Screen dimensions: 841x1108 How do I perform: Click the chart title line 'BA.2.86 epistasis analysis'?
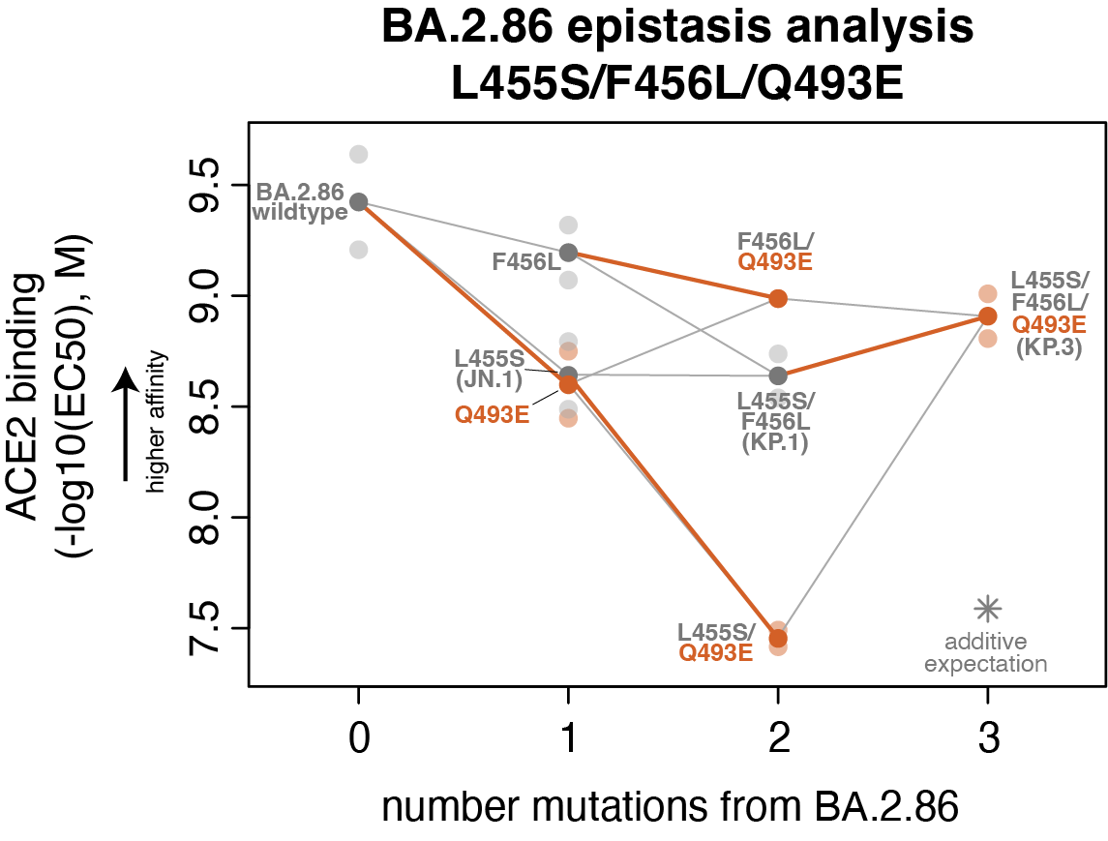tap(676, 27)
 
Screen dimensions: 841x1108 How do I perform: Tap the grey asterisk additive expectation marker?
tap(987, 608)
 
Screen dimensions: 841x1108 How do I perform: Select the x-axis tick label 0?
tap(359, 743)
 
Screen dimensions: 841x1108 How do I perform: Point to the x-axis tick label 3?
tap(987, 743)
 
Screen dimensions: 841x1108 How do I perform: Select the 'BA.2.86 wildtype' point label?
tap(300, 201)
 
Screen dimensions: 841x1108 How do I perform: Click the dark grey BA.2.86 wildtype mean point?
tap(359, 201)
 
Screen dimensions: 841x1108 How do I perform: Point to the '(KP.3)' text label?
tap(1049, 347)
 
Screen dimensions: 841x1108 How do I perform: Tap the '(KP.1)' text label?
tap(775, 442)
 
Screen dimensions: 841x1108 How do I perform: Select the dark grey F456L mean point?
tap(569, 253)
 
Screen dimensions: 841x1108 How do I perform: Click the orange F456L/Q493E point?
tap(778, 298)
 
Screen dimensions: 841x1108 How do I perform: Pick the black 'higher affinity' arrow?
tap(126, 426)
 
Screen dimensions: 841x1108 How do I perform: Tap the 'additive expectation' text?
tap(985, 653)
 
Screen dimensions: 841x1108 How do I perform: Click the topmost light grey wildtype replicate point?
tap(359, 154)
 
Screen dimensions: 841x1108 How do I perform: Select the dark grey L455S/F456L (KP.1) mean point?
tap(778, 375)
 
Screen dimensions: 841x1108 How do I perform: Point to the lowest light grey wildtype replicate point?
tap(359, 250)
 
